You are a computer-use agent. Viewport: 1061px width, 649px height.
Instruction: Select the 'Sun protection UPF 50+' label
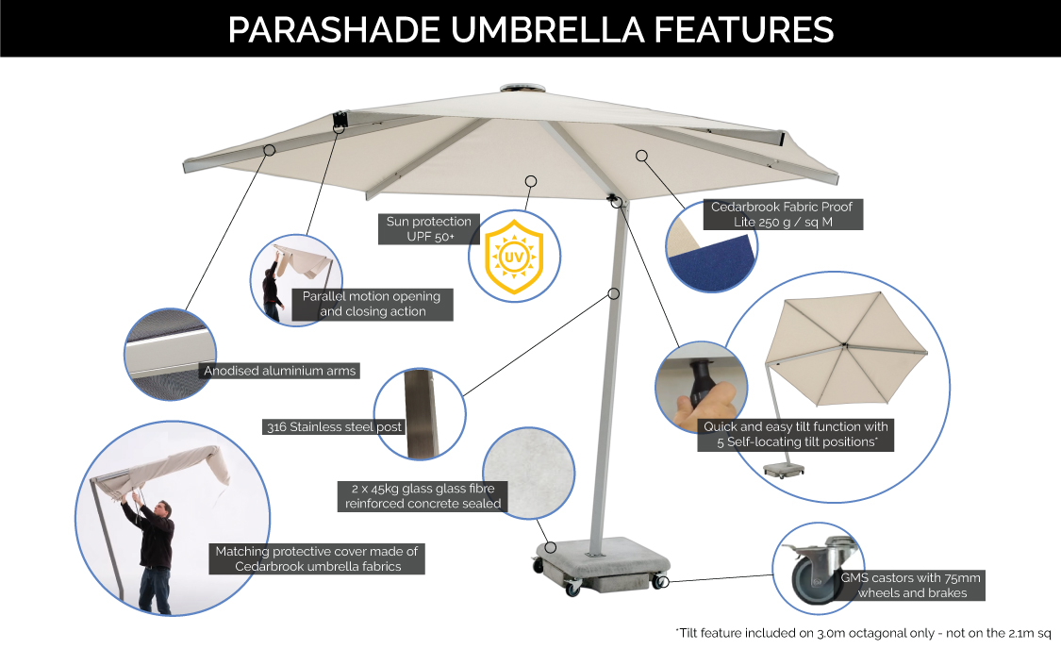click(x=428, y=229)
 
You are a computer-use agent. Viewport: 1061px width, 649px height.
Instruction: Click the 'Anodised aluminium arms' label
click(x=280, y=371)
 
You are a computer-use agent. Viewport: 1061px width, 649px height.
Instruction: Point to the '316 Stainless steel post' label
click(x=334, y=427)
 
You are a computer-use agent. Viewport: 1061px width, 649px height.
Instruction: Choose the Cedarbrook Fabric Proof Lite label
click(x=785, y=214)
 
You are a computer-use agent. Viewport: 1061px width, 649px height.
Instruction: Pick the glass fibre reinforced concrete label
click(x=423, y=495)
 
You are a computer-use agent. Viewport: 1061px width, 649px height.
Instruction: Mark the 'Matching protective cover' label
click(x=317, y=558)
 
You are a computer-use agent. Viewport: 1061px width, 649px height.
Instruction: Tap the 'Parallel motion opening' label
click(x=372, y=303)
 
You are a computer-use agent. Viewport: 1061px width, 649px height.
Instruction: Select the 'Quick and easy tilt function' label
click(x=795, y=434)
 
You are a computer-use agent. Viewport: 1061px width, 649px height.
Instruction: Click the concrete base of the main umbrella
click(x=595, y=561)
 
